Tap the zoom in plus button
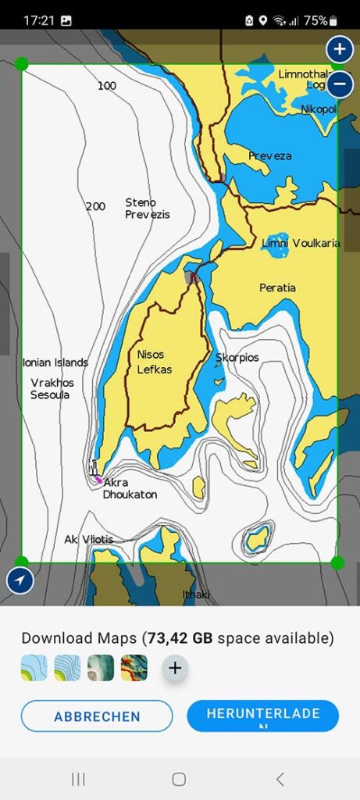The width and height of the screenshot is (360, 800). point(339,49)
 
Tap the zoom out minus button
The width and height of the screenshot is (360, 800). point(339,84)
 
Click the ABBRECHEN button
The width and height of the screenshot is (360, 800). point(97,716)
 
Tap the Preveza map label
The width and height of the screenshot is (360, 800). point(269,156)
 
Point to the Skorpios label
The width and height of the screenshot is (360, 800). point(237,358)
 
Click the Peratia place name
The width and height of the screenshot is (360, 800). point(277,288)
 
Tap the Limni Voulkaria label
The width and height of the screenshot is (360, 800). point(301,244)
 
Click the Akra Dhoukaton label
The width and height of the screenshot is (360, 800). point(130,488)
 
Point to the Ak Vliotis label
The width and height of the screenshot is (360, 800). point(88,540)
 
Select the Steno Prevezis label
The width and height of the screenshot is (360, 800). point(147,209)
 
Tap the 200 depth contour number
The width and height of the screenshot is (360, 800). point(95,207)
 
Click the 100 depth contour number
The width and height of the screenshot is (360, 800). point(107,86)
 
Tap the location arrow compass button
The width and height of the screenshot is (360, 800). point(18,580)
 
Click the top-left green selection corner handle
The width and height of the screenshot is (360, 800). point(22,63)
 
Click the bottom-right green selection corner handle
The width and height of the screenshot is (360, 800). point(337,562)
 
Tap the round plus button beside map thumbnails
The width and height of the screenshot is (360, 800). point(175,668)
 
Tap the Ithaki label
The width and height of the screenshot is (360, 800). point(196,595)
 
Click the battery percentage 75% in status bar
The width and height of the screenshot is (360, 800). point(315,21)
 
